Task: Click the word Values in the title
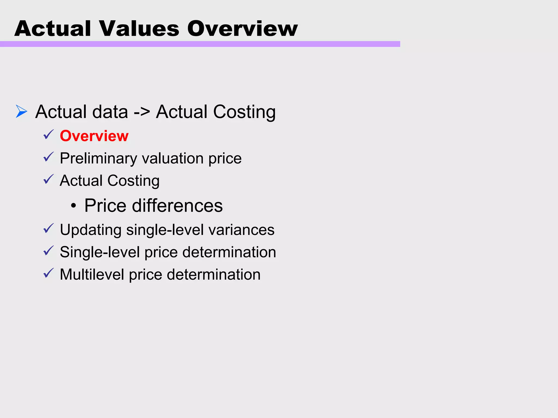139,29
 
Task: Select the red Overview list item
94,136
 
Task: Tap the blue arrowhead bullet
22,111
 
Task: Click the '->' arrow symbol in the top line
142,112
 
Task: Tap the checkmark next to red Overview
48,135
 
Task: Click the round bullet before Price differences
73,206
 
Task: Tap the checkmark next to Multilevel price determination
48,273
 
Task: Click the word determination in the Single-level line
229,252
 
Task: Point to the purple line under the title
200,44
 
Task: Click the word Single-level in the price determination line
100,252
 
